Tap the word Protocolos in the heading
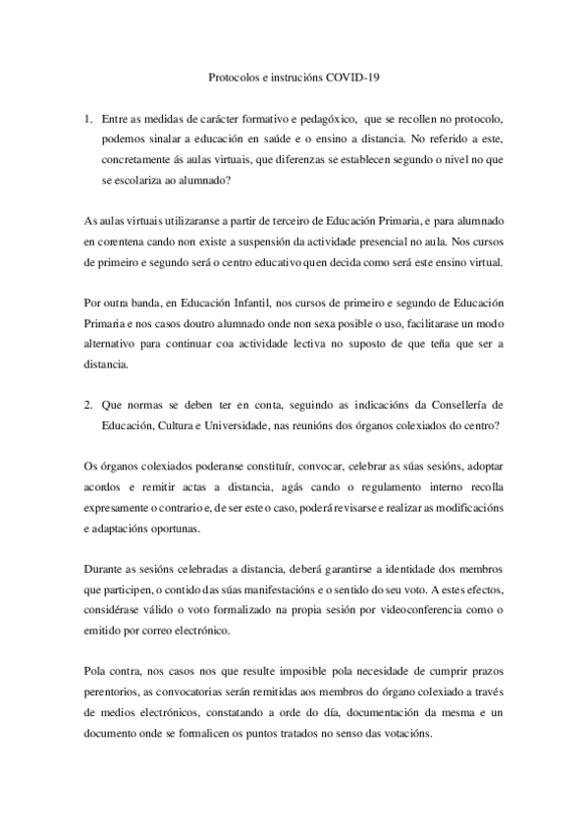(x=234, y=76)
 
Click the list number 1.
(x=89, y=119)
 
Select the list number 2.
(x=89, y=406)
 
